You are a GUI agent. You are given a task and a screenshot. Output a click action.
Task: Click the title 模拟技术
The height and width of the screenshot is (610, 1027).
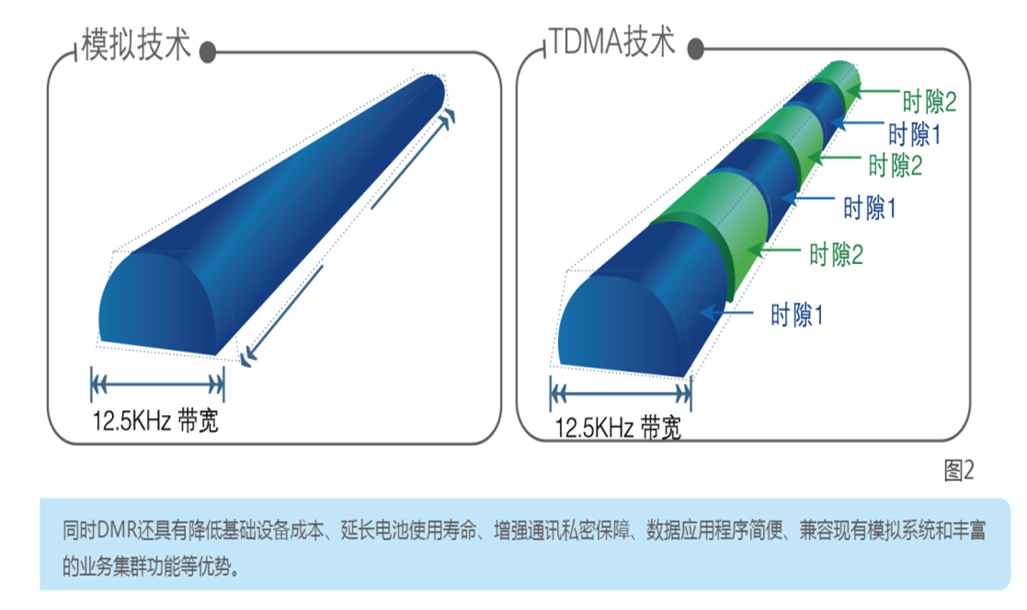(135, 44)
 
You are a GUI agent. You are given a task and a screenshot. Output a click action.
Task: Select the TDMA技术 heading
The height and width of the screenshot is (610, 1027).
(612, 41)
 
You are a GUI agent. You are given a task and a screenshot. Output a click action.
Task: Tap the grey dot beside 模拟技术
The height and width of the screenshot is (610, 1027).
(208, 52)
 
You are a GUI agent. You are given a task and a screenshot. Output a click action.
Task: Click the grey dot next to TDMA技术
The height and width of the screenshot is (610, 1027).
(696, 49)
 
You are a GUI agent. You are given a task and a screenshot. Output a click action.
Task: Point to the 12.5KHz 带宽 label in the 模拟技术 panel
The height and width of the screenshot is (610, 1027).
(155, 420)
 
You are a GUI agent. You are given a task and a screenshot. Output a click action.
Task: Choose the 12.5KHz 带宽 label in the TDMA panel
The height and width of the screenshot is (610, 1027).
(618, 428)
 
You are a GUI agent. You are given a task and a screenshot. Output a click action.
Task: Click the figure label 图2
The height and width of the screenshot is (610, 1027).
(959, 470)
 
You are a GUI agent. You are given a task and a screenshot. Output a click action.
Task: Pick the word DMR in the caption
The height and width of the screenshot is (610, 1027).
(117, 530)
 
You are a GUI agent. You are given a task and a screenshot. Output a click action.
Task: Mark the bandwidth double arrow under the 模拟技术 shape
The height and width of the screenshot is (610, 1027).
(157, 385)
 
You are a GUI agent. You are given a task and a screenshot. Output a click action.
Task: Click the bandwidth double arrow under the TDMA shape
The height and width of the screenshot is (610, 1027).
(621, 394)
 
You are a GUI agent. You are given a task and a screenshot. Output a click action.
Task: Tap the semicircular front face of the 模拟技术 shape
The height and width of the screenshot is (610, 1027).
(157, 305)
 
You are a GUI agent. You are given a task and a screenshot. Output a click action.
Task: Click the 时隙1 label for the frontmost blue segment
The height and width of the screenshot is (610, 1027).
(796, 316)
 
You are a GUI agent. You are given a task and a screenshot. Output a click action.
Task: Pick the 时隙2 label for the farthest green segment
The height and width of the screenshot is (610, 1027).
(930, 101)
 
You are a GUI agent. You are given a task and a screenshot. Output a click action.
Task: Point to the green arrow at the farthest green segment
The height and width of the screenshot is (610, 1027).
(873, 92)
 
